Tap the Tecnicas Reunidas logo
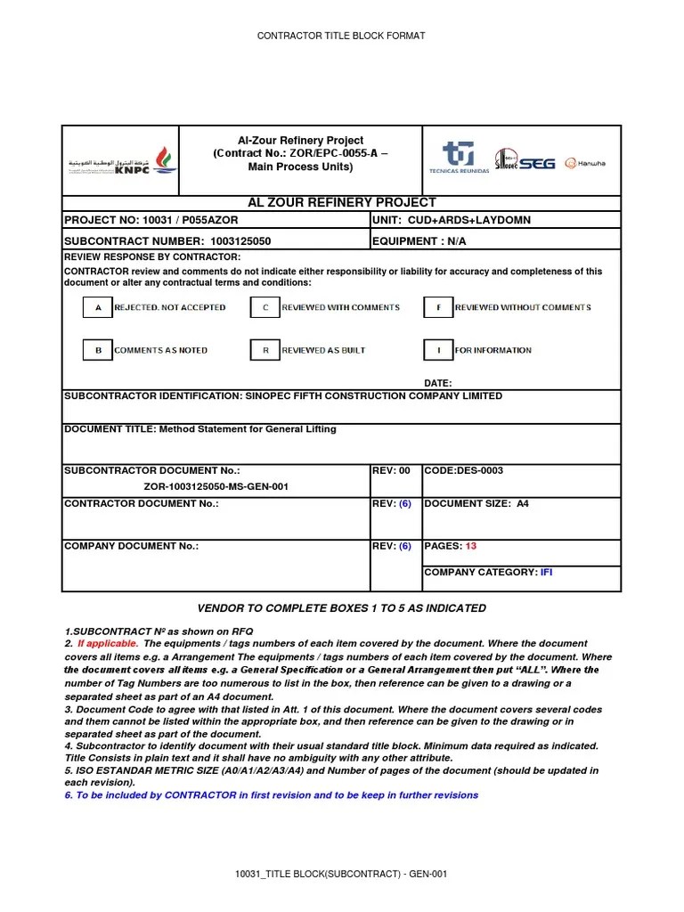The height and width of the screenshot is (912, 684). pos(459,158)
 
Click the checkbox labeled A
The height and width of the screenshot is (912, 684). pos(97,308)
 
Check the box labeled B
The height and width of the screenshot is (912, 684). pos(97,351)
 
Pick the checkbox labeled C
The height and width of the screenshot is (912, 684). pos(265,308)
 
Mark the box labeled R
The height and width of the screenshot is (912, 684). pos(265,351)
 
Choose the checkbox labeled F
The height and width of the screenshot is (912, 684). pos(438,308)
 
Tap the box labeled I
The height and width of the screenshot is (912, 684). pos(438,351)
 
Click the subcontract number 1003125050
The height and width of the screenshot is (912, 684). pos(240,241)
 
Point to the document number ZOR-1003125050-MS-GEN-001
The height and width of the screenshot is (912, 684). pos(216,487)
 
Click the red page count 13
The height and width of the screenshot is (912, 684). pos(471,546)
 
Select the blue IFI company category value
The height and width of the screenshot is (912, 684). pos(546,572)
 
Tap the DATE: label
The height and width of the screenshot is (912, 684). pos(437,383)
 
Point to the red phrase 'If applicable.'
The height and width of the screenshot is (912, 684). pos(108,643)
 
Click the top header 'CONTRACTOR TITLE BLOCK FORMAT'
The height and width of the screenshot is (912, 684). pos(341,36)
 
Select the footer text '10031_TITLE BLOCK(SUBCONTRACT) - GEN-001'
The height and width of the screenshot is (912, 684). pos(341,874)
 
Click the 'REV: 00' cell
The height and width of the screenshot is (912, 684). pos(391,470)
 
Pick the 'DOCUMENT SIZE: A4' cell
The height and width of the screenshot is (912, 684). pos(476,504)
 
